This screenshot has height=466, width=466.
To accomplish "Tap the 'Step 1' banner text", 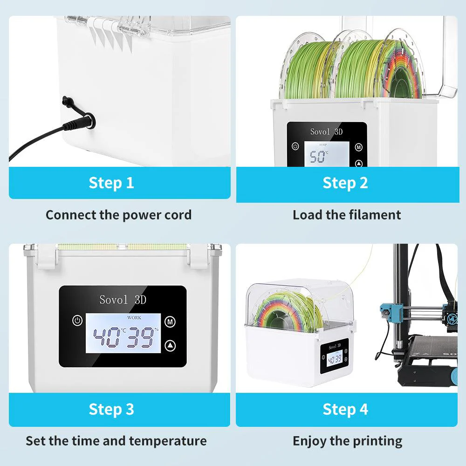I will click(111, 183).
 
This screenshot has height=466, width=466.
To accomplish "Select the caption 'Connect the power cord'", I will click(118, 215).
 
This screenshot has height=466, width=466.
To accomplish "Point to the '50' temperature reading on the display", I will click(318, 157).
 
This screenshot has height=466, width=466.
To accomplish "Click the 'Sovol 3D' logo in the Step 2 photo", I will click(326, 132).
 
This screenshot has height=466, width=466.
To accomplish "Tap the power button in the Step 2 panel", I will click(295, 146).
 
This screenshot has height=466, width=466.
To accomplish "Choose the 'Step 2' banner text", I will click(345, 183).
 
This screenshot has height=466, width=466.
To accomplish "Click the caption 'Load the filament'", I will click(347, 215).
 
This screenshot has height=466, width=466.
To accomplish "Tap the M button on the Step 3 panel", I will click(170, 321).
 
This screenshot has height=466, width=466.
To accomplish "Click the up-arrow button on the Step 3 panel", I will click(170, 345).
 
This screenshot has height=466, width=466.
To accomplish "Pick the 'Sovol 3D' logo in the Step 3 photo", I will click(123, 299).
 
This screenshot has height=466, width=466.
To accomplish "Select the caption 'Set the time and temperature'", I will click(116, 440).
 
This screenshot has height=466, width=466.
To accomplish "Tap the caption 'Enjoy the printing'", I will click(347, 440).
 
